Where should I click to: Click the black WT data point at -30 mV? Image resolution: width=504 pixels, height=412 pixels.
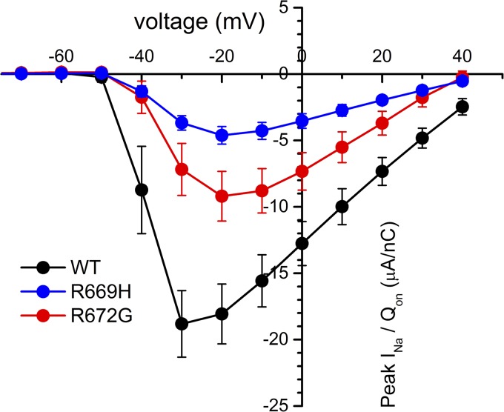coord(182,324)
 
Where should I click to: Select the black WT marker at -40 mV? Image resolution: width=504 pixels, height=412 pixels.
coord(142,190)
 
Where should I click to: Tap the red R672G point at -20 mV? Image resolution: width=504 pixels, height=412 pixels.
coord(222,196)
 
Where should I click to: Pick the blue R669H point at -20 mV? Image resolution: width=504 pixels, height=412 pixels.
coord(222,136)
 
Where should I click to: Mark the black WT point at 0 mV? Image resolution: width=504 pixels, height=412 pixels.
coord(302,243)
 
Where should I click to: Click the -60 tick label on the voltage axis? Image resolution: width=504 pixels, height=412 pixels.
coord(62,56)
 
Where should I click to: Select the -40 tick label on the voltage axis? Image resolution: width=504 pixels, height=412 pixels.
coord(142,56)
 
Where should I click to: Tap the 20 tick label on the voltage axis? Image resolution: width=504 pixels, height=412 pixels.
coord(382,56)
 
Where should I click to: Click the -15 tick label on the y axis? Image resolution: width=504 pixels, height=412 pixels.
coord(276,272)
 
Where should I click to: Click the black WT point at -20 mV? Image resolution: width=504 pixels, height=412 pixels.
coord(222,313)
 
